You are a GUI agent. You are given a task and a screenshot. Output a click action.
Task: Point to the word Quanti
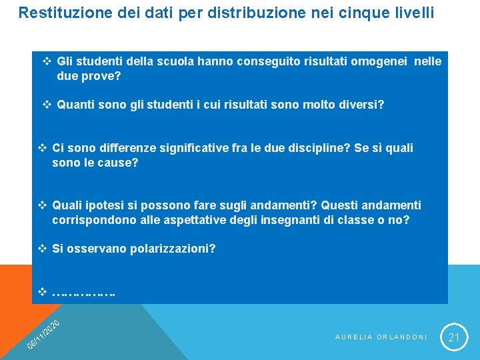[75, 105]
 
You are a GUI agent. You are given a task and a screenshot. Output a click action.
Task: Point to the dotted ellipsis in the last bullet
[83, 292]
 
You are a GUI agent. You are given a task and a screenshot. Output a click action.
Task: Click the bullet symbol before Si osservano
[42, 249]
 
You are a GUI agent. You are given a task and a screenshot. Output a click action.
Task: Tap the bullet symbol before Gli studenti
[47, 61]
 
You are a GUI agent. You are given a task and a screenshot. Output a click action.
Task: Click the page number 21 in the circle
[454, 337]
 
